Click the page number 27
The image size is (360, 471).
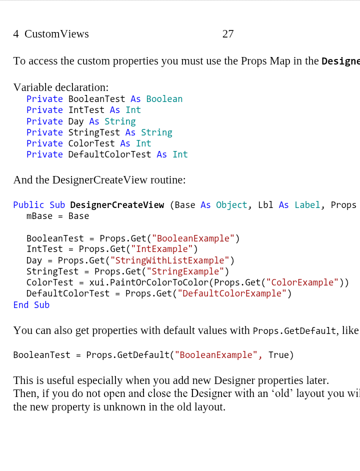coord(228,34)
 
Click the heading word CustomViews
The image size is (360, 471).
coord(56,34)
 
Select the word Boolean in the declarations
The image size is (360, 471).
coord(164,99)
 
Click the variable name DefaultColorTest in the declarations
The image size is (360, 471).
coord(109,154)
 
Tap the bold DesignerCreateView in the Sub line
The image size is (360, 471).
coord(117,205)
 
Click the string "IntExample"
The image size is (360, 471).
coord(161,249)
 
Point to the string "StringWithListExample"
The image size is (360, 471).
coord(169,260)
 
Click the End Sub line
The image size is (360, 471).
coord(31,305)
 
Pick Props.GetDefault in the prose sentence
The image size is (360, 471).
coord(294,331)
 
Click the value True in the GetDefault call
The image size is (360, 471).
coord(278,355)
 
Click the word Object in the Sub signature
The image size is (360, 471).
coord(231,205)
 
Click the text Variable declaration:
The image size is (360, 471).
coord(60,87)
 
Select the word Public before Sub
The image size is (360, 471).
coord(29,205)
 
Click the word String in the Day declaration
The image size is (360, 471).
coord(119,121)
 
